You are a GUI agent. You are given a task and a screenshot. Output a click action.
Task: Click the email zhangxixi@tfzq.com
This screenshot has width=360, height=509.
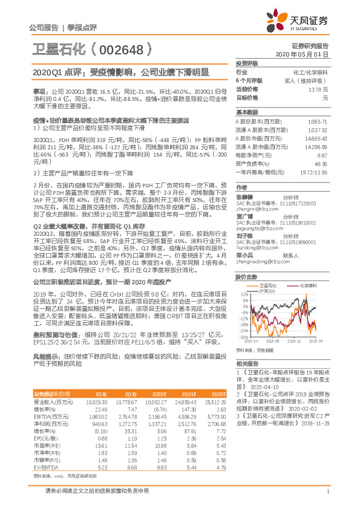point(253,210)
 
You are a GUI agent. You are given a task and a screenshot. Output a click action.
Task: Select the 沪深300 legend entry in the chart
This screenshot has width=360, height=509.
point(267,292)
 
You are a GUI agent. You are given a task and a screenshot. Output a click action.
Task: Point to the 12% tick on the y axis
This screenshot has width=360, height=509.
point(243,295)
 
